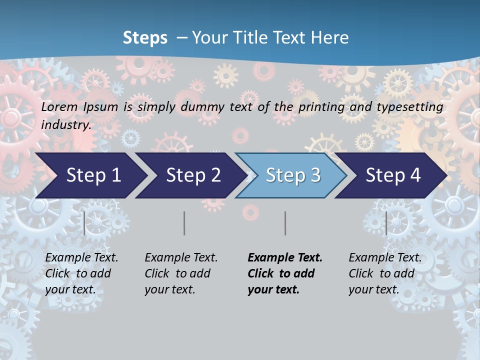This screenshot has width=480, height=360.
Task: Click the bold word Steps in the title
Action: click(145, 38)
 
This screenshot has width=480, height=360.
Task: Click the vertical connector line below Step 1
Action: click(84, 223)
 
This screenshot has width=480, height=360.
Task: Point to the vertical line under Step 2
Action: click(184, 223)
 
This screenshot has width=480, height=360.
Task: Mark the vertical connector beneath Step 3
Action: click(285, 223)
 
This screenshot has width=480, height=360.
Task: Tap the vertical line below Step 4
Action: click(386, 223)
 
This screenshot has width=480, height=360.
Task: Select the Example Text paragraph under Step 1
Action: click(81, 273)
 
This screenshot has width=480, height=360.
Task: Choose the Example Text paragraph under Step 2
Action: click(181, 273)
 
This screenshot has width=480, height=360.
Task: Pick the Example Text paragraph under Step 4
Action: click(385, 273)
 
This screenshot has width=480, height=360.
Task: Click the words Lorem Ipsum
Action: click(79, 107)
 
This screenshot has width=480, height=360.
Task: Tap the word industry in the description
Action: click(66, 125)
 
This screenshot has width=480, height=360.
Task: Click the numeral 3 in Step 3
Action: click(315, 175)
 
